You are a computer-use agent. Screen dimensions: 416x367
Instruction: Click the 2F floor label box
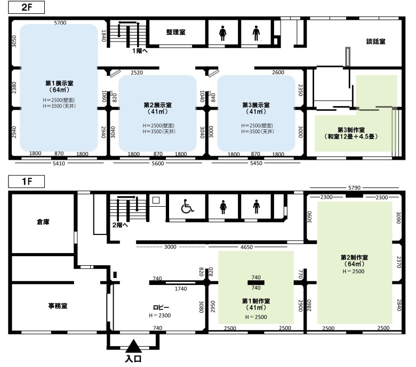coord(26,7)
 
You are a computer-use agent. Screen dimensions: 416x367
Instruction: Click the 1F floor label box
coord(26,182)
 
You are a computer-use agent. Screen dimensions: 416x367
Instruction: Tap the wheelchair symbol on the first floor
coord(187,206)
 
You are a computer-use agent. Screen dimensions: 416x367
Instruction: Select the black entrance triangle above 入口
coord(134,346)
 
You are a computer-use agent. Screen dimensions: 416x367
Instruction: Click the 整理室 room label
coord(175,32)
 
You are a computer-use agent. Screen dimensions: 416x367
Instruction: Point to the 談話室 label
coord(375,42)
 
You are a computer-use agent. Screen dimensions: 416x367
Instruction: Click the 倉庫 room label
coord(43,222)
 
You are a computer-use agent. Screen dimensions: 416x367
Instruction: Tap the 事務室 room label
coord(58,306)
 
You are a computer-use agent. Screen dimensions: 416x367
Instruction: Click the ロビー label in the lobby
coord(161,307)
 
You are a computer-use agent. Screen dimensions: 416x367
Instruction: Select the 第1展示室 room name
coord(59,83)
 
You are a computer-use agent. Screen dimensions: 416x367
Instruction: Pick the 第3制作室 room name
coord(351,130)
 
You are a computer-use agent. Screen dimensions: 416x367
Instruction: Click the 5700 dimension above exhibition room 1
coord(60,23)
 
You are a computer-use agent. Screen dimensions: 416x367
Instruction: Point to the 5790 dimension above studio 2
coord(354,187)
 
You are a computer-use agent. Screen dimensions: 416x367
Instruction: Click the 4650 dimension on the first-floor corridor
coord(246,247)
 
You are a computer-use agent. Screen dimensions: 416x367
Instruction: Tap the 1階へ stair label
coord(140,51)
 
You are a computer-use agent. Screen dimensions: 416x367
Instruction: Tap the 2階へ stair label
coord(120,225)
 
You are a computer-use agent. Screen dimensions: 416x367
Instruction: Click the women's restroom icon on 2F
coord(222,33)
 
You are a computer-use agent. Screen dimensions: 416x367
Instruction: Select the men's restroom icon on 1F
coord(256,207)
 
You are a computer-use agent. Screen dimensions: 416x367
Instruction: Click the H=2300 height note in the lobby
coord(159,315)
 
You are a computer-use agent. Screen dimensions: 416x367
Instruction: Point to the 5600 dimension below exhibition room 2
coord(157,164)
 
